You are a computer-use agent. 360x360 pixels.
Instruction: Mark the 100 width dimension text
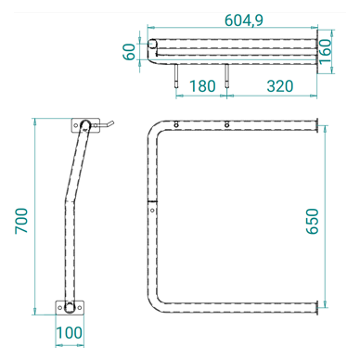(x=68, y=332)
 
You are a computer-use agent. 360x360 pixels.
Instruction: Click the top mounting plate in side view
(x=84, y=124)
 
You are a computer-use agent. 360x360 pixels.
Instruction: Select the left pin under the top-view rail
(x=176, y=78)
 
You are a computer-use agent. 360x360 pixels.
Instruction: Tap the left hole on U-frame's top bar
(x=176, y=125)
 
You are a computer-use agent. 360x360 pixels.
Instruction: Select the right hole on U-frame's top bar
(x=226, y=125)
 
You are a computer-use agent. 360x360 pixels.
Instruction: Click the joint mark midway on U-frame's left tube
(x=150, y=205)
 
